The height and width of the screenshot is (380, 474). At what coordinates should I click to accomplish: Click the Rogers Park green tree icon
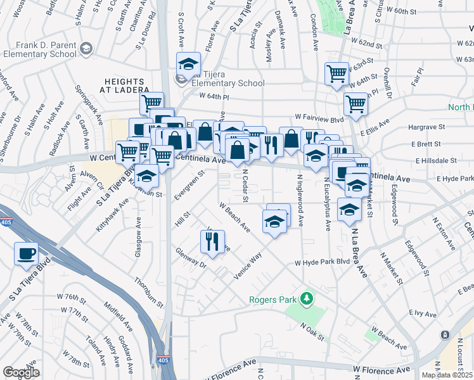click(307, 298)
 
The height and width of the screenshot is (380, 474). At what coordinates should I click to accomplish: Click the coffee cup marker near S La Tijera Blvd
click(26, 254)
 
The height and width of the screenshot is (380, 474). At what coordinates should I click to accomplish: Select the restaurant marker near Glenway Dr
click(212, 241)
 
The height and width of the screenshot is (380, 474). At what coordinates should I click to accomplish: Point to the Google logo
click(22, 372)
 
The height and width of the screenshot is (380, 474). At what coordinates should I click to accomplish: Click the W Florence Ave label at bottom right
click(382, 369)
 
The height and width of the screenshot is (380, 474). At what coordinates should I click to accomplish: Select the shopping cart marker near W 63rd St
click(336, 73)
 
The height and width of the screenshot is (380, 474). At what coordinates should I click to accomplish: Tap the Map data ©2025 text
click(447, 375)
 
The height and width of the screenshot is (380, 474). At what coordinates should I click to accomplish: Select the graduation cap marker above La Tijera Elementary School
click(188, 64)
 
